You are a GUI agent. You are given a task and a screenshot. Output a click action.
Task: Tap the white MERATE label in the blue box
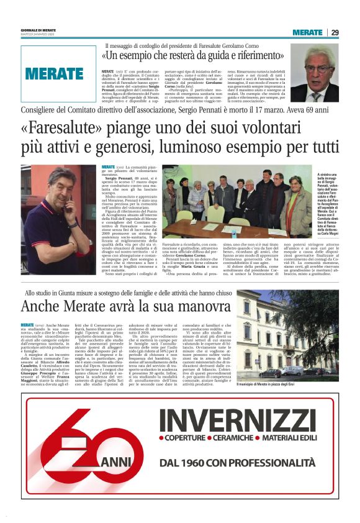click(55, 73)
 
